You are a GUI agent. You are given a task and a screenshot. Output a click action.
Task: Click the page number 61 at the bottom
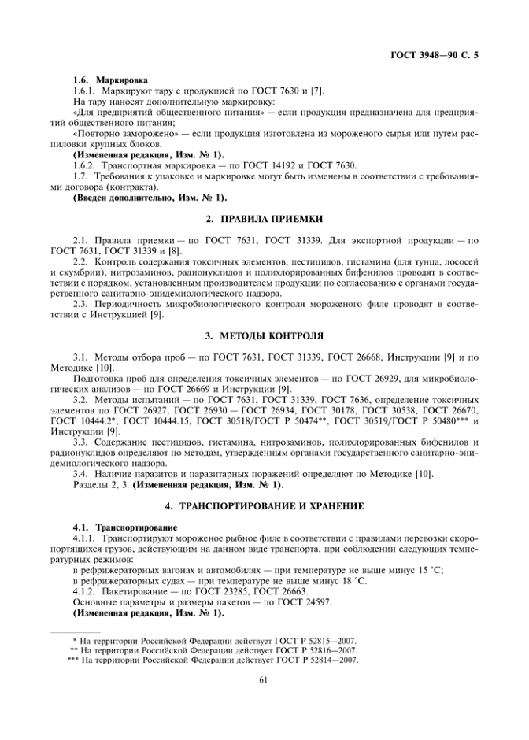[x=264, y=682]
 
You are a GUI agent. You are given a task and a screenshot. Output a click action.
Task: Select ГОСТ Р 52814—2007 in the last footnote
[x=312, y=661]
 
